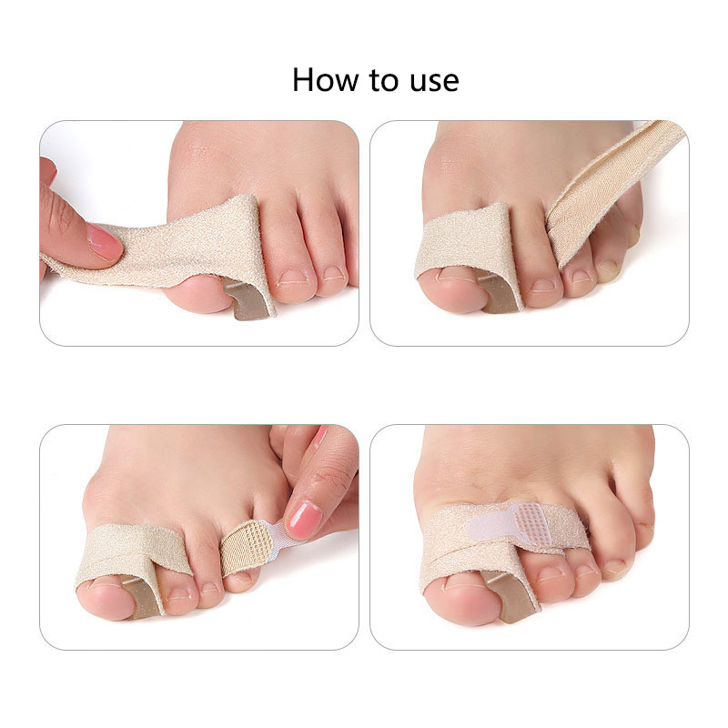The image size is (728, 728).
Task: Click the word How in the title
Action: pos(326,80)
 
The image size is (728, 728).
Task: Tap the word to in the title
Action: pos(384,81)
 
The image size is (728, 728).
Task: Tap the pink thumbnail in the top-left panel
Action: pos(105,241)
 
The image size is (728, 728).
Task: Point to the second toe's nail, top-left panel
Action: pos(292,278)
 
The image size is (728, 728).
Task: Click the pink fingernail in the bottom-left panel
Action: pos(303,520)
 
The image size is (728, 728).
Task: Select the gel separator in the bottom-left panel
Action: pos(142,598)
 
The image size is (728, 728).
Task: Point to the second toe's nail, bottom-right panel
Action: pos(551,575)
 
